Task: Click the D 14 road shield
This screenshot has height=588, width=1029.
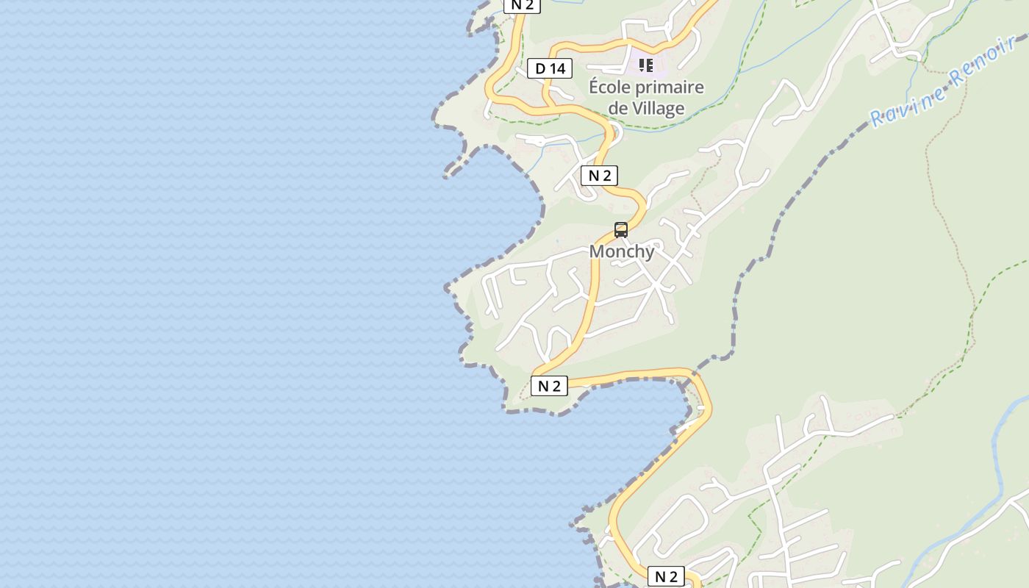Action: (550, 69)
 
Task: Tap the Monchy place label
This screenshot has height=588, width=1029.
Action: (622, 251)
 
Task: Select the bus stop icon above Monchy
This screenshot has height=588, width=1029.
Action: (621, 230)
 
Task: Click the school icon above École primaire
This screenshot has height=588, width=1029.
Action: (646, 66)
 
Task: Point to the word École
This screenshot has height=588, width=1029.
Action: (609, 87)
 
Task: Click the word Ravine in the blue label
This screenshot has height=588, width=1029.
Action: (907, 104)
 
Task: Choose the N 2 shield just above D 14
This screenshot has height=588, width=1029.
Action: (522, 4)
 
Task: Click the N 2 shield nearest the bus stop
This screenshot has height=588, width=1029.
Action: (599, 176)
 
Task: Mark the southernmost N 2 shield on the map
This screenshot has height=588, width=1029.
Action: (666, 576)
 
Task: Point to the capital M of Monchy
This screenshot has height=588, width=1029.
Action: (597, 251)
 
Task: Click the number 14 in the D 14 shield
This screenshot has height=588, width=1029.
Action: (557, 69)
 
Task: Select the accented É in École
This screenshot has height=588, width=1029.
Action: (594, 87)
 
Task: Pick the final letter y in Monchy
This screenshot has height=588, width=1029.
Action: (648, 252)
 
